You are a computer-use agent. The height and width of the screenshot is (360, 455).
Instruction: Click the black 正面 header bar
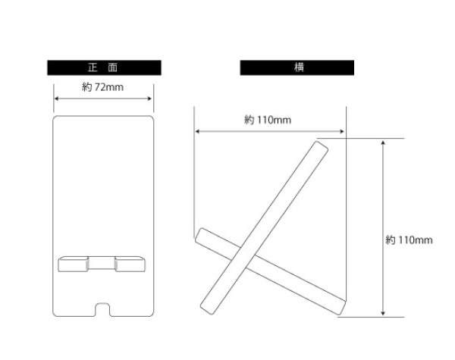click(x=104, y=67)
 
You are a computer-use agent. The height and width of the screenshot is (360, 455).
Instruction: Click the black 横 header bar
click(x=297, y=67)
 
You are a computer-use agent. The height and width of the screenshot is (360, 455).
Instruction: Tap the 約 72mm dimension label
click(x=102, y=87)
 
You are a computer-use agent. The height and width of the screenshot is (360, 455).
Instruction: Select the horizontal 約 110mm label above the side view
click(x=268, y=120)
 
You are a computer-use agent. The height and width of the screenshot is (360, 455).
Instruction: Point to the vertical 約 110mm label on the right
click(x=409, y=240)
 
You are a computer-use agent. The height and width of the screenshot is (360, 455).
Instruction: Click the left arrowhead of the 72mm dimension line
click(x=56, y=99)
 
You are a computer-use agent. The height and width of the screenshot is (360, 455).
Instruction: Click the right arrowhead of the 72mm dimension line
click(x=149, y=99)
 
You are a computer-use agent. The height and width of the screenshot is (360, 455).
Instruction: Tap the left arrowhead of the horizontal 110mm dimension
click(x=197, y=131)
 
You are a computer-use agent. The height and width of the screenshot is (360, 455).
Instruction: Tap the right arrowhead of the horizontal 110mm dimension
click(x=342, y=131)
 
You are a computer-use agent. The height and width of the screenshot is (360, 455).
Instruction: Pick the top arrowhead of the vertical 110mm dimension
click(x=383, y=142)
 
